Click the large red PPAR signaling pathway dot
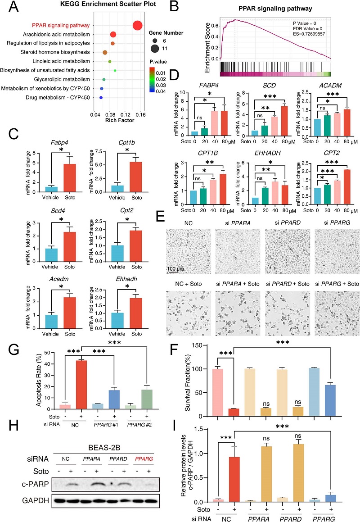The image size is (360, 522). (x=138, y=26)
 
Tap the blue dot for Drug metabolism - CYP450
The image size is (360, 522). (x=101, y=97)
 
